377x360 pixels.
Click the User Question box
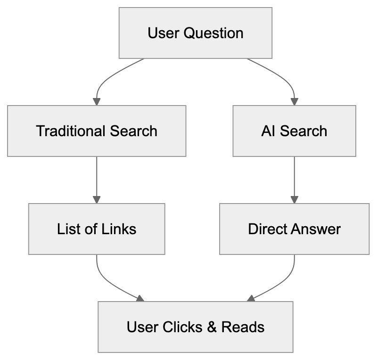point(195,33)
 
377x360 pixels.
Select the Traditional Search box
point(97,131)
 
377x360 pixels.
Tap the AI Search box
point(294,131)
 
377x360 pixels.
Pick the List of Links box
point(97,229)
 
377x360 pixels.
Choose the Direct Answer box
point(294,229)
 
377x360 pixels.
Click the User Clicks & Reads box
point(195,327)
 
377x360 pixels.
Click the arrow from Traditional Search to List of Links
point(97,179)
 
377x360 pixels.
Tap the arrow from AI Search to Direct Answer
point(294,179)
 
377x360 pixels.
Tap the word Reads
point(243,327)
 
